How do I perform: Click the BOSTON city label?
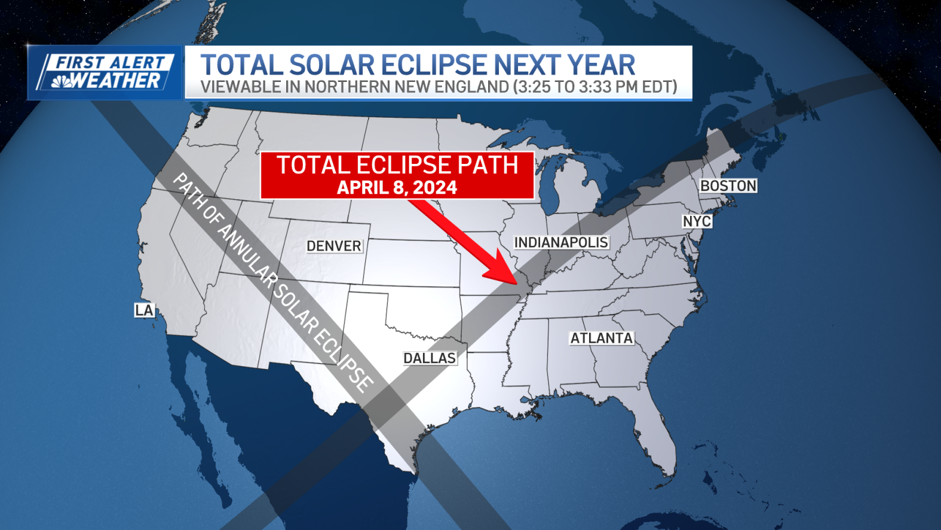(x=728, y=186)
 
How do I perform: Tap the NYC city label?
(x=697, y=221)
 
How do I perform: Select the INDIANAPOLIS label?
(x=561, y=242)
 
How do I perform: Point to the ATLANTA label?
(x=601, y=338)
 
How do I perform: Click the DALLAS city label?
(x=430, y=358)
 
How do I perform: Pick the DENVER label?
(x=333, y=246)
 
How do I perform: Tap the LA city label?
(x=144, y=310)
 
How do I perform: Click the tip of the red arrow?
(x=516, y=282)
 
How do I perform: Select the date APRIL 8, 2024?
(x=397, y=188)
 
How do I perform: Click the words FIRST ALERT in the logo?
(x=110, y=62)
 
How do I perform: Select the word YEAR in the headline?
(x=601, y=65)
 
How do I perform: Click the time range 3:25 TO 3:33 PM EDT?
(x=595, y=87)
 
